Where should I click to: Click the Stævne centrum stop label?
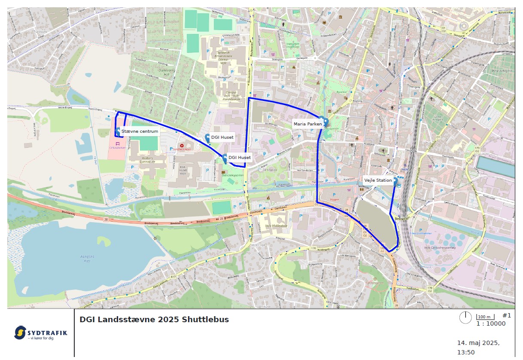pyautogui.click(x=140, y=131)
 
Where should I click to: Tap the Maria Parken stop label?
pyautogui.click(x=307, y=124)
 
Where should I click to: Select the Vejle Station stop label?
pyautogui.click(x=378, y=180)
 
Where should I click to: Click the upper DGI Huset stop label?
pyautogui.click(x=222, y=137)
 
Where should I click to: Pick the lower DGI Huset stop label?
pyautogui.click(x=239, y=158)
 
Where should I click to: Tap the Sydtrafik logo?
pyautogui.click(x=40, y=333)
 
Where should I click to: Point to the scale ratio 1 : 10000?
pyautogui.click(x=491, y=324)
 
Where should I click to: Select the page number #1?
pyautogui.click(x=507, y=316)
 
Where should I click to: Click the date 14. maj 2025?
pyautogui.click(x=478, y=343)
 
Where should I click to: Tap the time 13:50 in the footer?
pyautogui.click(x=465, y=352)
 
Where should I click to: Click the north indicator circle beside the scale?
pyautogui.click(x=465, y=318)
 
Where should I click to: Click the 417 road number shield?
pyautogui.click(x=173, y=276)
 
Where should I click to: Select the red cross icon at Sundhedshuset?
pyautogui.click(x=182, y=146)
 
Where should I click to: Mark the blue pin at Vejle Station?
pyautogui.click(x=395, y=181)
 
